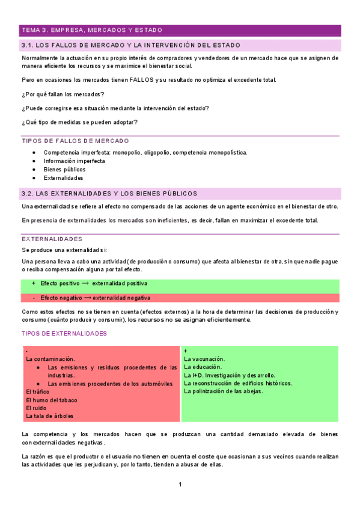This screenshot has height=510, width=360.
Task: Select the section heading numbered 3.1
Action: coord(130,45)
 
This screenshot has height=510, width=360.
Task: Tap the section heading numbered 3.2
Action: coord(109,194)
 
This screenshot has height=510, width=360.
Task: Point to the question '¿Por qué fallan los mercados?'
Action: coord(63,94)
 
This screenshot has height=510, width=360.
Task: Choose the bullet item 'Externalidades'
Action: coord(63,178)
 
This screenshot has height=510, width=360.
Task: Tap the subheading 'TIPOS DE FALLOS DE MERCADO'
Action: coord(75,141)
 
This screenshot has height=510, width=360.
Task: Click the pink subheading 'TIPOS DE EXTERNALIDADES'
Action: coord(64,334)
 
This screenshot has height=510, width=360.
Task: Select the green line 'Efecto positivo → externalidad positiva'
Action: coord(94,283)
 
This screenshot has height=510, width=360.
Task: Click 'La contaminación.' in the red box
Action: coord(50,358)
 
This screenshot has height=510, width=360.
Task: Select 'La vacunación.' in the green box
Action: coord(204,358)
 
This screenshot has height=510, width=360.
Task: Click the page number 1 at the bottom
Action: coord(180,485)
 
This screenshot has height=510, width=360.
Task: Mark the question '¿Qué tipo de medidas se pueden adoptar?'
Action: coord(80,123)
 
